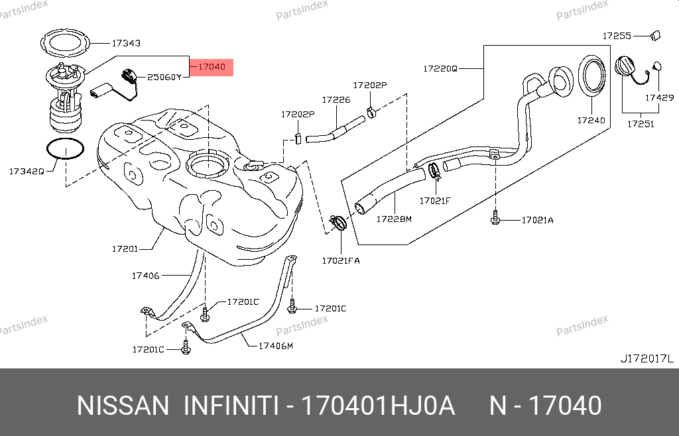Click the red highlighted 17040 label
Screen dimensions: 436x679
coord(212,67)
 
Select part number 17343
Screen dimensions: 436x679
coord(125,43)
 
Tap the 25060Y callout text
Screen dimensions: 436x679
coord(164,77)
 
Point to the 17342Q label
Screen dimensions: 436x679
coord(27,171)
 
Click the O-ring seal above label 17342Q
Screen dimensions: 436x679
coord(66,150)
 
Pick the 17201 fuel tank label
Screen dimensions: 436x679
coord(125,249)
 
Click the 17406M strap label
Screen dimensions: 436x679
coord(275,345)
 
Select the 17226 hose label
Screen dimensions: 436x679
coord(336,100)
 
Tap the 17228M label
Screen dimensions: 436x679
coord(394,219)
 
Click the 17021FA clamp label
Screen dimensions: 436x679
coord(341,260)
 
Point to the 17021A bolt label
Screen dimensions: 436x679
coord(536,220)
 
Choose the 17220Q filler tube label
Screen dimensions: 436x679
coord(440,68)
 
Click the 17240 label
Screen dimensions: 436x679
coord(590,120)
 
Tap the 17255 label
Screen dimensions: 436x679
coord(617,35)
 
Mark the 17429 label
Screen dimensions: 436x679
coord(660,97)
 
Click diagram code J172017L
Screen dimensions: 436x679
coord(647,358)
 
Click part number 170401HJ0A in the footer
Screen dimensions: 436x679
coord(378,406)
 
